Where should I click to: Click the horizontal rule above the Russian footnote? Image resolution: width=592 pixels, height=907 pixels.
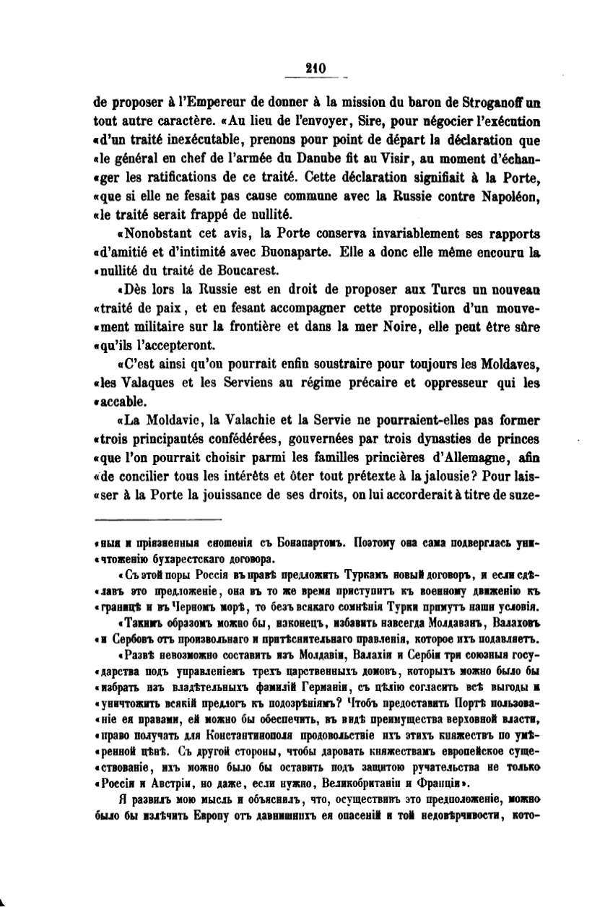[157, 518]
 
